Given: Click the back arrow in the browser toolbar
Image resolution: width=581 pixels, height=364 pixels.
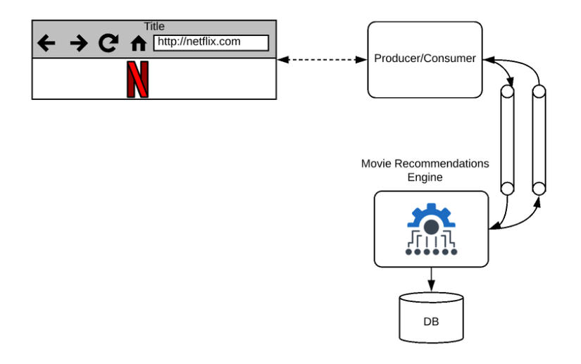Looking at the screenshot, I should click(x=46, y=44).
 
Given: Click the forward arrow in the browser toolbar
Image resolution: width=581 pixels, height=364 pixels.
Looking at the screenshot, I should click(x=78, y=44).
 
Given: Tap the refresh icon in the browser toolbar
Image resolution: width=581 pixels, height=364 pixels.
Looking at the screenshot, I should click(x=108, y=44).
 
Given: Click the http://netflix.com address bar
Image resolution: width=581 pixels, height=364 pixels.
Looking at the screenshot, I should click(x=211, y=42).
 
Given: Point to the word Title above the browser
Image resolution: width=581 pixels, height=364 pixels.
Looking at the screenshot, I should click(x=154, y=26).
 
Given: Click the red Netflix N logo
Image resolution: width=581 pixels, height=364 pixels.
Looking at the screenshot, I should click(x=137, y=80).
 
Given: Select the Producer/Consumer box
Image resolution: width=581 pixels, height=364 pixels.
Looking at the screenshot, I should click(x=425, y=59).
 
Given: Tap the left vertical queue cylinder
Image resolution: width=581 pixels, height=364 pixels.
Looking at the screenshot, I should click(x=506, y=140).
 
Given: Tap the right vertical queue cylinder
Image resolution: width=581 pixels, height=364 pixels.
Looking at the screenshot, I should click(x=539, y=140).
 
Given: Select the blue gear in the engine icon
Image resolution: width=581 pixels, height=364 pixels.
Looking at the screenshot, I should click(x=431, y=218).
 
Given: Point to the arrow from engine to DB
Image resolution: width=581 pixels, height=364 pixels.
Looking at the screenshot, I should click(x=431, y=279).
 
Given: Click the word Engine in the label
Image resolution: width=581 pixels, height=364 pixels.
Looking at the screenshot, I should click(x=425, y=177).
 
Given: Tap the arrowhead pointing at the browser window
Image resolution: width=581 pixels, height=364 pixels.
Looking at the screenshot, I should click(x=282, y=60).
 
